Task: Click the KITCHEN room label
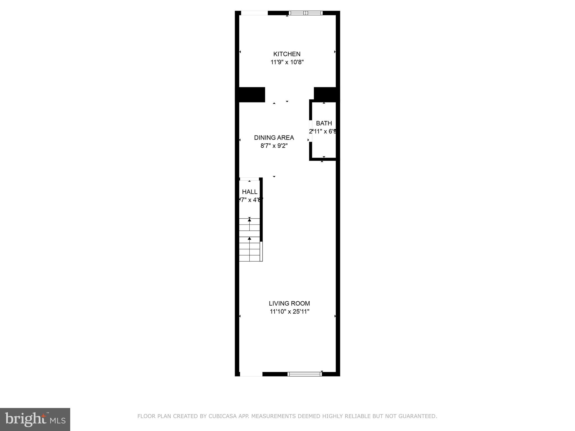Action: [287, 54]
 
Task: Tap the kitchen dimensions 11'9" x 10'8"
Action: [287, 62]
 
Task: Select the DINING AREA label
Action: [274, 137]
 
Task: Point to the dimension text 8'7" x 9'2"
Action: [274, 146]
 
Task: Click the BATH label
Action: [324, 123]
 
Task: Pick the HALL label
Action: [250, 192]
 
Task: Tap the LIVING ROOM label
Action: [289, 303]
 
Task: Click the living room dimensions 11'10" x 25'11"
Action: [289, 311]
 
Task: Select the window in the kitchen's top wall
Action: [306, 13]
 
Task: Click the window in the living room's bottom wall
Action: [305, 374]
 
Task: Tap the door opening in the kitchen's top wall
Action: [254, 13]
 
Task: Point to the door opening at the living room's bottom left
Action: [251, 374]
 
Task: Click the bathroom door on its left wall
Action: [311, 131]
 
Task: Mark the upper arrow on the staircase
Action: [249, 220]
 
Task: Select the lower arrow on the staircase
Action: [249, 239]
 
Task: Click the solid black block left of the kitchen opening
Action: [252, 95]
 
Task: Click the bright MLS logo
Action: [35, 419]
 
